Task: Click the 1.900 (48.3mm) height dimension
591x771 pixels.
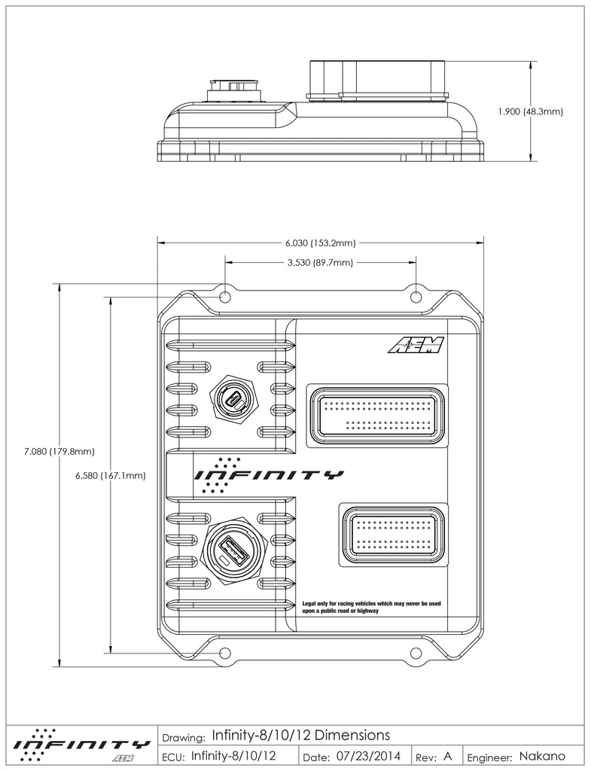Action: (531, 111)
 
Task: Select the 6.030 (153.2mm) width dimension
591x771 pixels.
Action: (320, 243)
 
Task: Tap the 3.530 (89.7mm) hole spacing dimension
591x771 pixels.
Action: (320, 263)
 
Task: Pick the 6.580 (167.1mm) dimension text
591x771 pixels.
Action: (111, 475)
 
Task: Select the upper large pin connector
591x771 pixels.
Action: (376, 412)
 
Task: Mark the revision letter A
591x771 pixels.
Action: (447, 755)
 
